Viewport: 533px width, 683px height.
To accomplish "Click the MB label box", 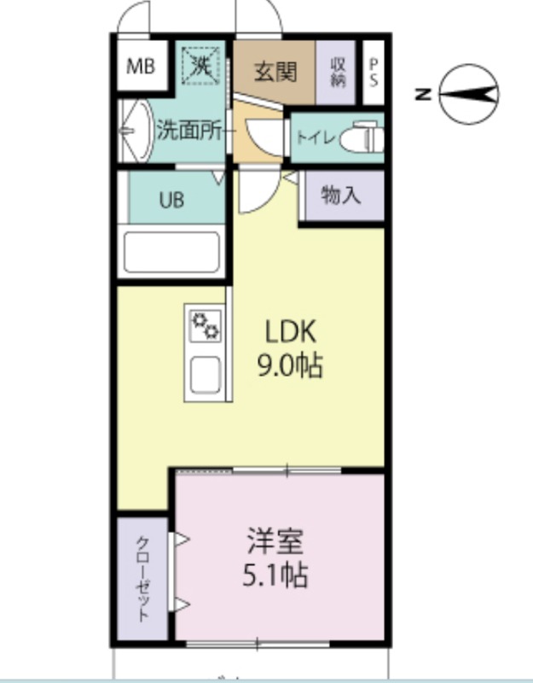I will coord(142,67).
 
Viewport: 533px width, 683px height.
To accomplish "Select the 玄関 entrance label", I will coord(275,71).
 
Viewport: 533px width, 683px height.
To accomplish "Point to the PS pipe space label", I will coord(374,71).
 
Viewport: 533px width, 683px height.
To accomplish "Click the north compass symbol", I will coord(469,94).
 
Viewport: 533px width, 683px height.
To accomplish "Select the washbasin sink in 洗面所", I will coord(133,131).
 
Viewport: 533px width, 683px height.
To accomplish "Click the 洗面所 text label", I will coord(188,131).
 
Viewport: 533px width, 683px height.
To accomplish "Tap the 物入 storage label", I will coord(340,196).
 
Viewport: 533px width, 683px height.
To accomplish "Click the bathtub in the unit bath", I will coord(171,251).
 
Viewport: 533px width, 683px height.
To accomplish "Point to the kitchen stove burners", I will coord(206,325).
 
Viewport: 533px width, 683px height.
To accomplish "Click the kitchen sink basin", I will coord(206,373).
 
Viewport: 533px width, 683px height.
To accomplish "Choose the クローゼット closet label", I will coord(142,578).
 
